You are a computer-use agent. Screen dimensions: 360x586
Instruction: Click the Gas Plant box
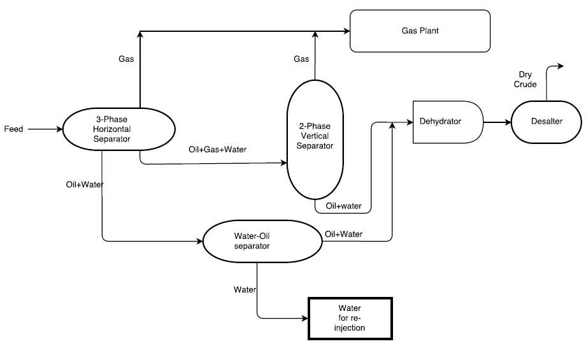[420, 31]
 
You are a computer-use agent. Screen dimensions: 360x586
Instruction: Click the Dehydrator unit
[447, 121]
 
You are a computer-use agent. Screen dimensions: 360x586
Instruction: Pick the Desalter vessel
[547, 121]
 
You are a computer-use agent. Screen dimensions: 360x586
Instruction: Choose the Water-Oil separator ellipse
[261, 241]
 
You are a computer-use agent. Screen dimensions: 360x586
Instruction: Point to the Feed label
[13, 129]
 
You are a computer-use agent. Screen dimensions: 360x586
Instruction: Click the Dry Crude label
[525, 80]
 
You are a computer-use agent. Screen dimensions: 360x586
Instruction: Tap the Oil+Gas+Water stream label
[217, 150]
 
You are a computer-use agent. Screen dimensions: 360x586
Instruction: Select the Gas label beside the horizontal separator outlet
[126, 59]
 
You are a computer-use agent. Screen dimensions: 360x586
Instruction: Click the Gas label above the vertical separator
[301, 59]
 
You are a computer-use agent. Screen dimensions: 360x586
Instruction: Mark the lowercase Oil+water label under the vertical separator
[344, 206]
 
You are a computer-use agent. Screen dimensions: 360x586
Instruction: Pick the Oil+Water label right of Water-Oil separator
[343, 234]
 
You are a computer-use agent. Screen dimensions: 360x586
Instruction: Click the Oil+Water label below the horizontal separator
[85, 185]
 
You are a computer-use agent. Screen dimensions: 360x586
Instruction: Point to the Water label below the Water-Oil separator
[245, 289]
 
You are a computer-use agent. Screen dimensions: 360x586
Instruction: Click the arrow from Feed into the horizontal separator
[45, 129]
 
